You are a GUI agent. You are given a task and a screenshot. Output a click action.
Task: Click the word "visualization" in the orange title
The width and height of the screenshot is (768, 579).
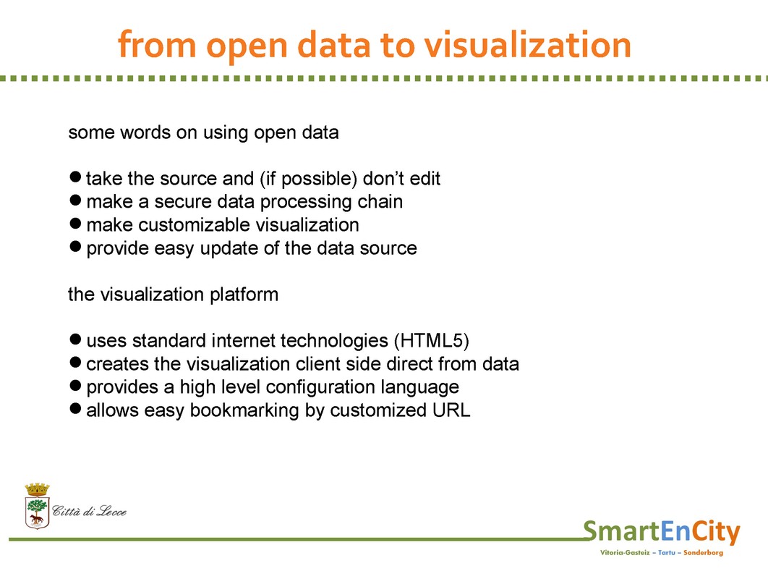pyautogui.click(x=527, y=45)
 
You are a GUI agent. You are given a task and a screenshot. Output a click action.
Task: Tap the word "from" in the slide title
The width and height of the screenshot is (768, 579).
pyautogui.click(x=157, y=44)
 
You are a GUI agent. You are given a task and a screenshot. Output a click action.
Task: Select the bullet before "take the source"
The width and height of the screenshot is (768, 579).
pyautogui.click(x=75, y=177)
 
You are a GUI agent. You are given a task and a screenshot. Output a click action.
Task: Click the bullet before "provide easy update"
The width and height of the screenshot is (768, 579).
pyautogui.click(x=75, y=246)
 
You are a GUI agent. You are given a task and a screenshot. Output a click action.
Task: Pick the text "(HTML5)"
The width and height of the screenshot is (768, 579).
pyautogui.click(x=432, y=340)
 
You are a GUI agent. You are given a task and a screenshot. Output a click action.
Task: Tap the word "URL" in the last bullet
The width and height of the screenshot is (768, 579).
pyautogui.click(x=451, y=410)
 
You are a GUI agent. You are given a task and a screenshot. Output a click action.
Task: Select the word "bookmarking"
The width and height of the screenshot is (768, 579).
pyautogui.click(x=244, y=410)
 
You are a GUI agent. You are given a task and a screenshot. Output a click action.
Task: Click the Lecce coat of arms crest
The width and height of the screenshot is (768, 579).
pyautogui.click(x=37, y=506)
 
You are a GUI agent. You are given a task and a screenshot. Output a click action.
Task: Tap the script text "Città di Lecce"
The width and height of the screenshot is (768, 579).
pyautogui.click(x=89, y=512)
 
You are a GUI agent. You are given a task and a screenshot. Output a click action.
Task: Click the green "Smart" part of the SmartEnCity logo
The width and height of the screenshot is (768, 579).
pyautogui.click(x=621, y=531)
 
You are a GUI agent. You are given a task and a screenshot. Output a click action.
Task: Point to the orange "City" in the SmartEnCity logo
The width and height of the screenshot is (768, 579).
pyautogui.click(x=716, y=532)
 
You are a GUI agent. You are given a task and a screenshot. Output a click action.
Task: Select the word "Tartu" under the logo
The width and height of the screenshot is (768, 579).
pyautogui.click(x=667, y=552)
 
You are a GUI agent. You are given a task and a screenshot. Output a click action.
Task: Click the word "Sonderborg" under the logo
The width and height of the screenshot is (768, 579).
pyautogui.click(x=704, y=553)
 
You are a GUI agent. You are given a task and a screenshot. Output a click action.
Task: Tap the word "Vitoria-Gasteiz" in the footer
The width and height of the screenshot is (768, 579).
pyautogui.click(x=625, y=552)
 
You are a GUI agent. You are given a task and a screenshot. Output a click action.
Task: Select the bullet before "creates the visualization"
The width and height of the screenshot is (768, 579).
pyautogui.click(x=75, y=363)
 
